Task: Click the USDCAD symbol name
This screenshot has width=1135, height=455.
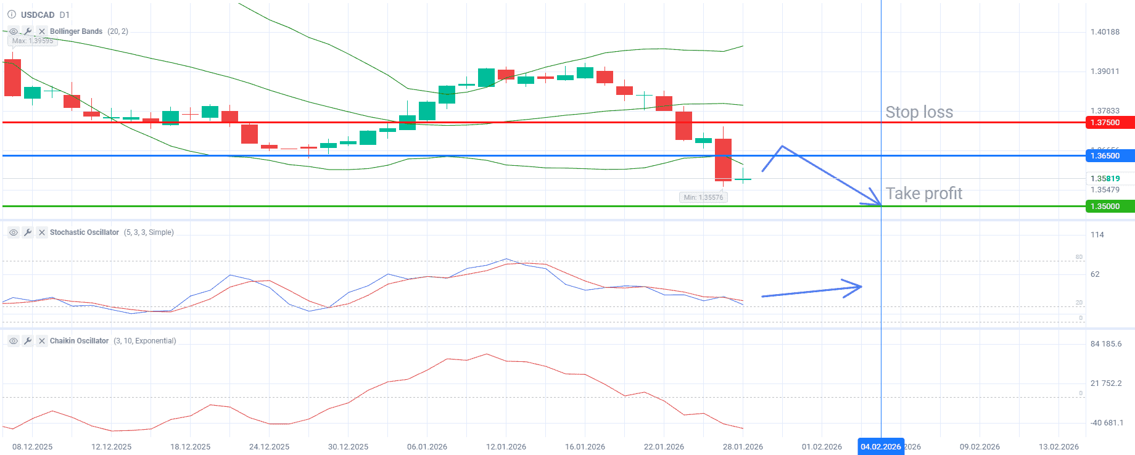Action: (x=38, y=15)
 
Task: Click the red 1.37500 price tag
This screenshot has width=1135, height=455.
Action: (x=1108, y=123)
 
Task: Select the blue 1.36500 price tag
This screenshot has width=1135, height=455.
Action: (x=1108, y=156)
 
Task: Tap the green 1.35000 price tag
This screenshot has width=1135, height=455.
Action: (x=1108, y=207)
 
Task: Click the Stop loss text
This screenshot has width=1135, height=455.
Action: (x=919, y=112)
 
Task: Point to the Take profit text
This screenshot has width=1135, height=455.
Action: (x=923, y=194)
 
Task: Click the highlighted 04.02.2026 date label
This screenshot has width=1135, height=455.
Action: (x=880, y=447)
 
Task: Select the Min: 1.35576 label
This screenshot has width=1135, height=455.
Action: (x=703, y=197)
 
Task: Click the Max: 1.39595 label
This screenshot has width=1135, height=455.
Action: (x=33, y=41)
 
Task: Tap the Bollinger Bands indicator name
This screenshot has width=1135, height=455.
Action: (x=76, y=31)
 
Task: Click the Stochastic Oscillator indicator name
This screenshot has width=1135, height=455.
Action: (x=85, y=232)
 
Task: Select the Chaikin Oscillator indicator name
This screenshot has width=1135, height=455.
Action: (x=79, y=341)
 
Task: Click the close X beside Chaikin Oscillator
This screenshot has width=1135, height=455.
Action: (x=41, y=341)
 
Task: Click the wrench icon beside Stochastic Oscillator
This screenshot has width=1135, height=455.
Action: (x=28, y=232)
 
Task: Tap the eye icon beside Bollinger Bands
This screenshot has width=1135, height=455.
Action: (x=14, y=31)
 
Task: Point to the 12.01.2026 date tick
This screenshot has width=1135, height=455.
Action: (x=506, y=447)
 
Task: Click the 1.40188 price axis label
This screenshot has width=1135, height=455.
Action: (x=1105, y=32)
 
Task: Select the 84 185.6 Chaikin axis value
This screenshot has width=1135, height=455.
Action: (x=1106, y=344)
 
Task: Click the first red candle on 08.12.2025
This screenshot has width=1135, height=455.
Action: (x=12, y=78)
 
